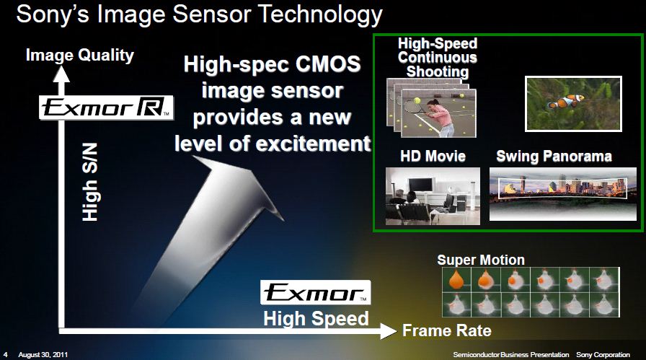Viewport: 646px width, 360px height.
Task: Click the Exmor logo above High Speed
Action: [315, 292]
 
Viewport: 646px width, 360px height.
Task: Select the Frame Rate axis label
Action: [446, 330]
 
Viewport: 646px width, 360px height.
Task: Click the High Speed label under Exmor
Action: [315, 317]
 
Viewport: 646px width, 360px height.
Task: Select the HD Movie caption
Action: [433, 156]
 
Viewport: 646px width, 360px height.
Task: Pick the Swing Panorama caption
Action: [554, 156]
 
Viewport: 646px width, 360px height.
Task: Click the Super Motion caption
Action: [481, 260]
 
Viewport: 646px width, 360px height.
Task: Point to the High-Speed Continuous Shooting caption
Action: [438, 58]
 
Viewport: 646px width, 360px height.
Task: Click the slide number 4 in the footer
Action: [5, 355]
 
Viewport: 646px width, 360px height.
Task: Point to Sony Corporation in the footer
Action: [603, 355]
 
